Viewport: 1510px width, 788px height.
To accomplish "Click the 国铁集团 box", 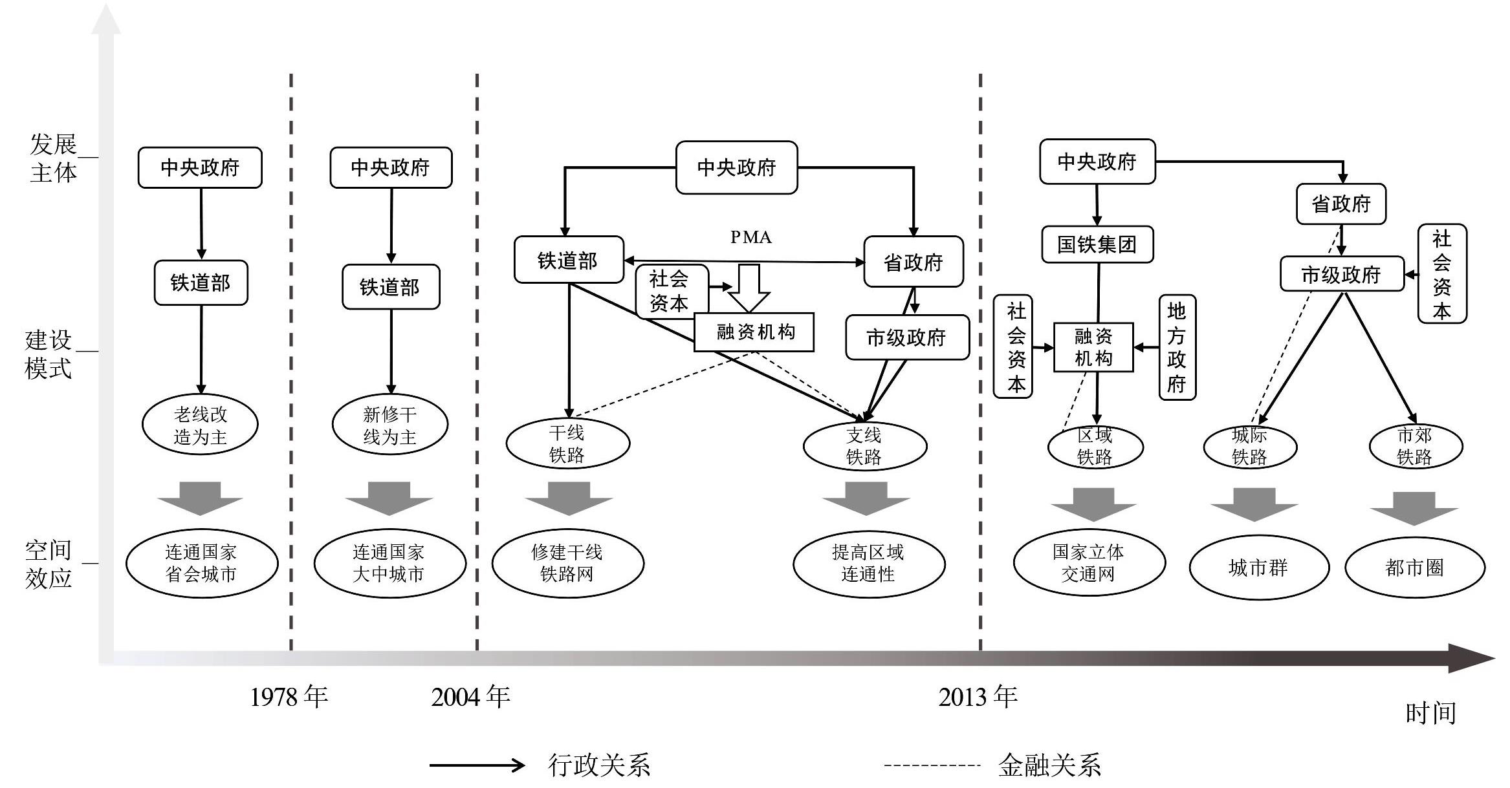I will point(1097,244).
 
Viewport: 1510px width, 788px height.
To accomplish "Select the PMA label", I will point(750,237).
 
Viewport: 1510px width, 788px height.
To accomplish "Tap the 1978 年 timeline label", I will point(289,697).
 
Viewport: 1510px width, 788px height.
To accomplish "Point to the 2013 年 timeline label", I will point(978,697).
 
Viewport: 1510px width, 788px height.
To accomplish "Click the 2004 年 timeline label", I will point(470,697).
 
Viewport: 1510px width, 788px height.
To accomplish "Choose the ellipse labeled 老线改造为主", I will point(200,425).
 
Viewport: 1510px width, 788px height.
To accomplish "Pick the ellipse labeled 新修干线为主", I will point(389,425).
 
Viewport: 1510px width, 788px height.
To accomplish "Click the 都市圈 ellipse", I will point(1414,568).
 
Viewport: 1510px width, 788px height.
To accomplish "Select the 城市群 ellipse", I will point(1258,568).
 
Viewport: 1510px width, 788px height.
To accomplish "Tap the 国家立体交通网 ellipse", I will point(1089,562).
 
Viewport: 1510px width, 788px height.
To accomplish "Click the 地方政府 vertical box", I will point(1177,347).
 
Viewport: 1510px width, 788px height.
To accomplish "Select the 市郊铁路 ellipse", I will point(1416,446).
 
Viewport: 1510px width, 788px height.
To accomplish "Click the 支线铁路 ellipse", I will point(864,446).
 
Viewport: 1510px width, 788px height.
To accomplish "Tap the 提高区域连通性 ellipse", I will point(868,563).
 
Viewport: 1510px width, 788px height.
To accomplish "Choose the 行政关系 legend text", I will point(598,765).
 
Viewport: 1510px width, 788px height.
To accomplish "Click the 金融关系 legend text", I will point(1049,765).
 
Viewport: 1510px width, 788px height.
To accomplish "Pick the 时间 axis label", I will point(1430,713).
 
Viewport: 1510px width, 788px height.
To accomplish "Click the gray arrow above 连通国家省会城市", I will point(200,498).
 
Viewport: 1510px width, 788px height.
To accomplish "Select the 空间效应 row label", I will point(49,564).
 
